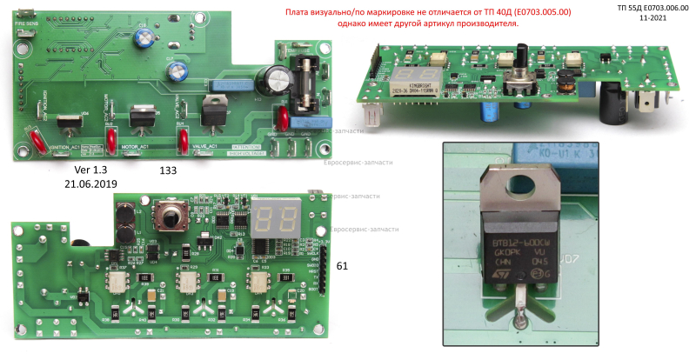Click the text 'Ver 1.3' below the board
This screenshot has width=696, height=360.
click(x=91, y=170)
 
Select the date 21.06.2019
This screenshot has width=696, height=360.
click(x=91, y=184)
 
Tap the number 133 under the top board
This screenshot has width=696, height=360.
click(x=167, y=171)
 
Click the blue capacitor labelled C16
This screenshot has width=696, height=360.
click(x=142, y=38)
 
